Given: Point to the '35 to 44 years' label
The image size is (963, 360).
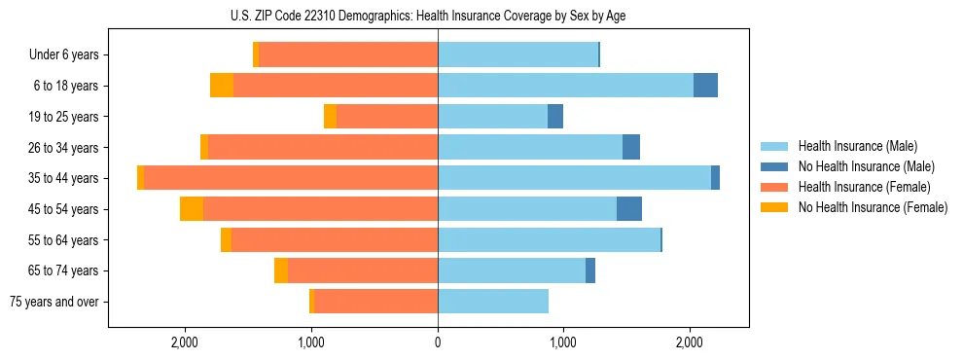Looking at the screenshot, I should (63, 178).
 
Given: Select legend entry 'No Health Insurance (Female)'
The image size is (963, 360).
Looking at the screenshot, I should (873, 207).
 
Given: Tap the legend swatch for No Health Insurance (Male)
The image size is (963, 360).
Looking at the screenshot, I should (774, 166).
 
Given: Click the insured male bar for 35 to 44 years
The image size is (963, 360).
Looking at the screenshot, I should (574, 178).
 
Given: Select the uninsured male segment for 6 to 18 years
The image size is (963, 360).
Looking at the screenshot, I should (705, 86).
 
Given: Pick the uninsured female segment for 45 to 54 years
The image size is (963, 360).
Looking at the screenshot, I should (192, 209).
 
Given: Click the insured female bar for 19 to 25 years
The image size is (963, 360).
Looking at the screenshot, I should (387, 117).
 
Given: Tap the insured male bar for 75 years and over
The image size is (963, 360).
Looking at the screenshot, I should (493, 302).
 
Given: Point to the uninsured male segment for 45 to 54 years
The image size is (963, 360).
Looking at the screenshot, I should (629, 209).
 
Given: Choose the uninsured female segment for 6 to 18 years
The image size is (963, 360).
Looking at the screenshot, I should (222, 86).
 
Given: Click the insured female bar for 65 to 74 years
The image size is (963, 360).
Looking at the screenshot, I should (363, 270).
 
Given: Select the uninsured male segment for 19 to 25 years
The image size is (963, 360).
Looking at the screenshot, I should (555, 117).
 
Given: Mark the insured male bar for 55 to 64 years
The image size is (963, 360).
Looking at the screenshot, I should (549, 240).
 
